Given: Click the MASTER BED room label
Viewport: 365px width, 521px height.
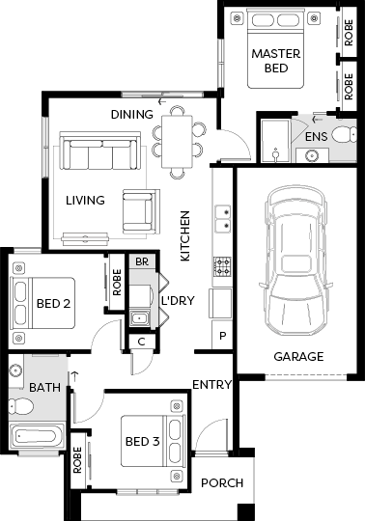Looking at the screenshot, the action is click(276, 61).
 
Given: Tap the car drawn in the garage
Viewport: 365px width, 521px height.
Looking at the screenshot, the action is click(295, 260).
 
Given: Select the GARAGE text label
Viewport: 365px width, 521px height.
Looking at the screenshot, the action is click(298, 357).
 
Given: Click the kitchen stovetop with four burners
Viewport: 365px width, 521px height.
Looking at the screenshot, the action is click(222, 267).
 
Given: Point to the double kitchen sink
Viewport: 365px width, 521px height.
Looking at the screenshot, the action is click(223, 219).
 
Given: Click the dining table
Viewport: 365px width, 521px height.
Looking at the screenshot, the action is click(177, 142).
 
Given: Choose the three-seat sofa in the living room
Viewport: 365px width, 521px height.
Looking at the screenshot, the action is click(99, 151).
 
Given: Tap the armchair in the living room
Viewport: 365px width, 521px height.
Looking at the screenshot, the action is click(141, 211).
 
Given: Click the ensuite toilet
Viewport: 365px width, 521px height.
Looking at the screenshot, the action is click(345, 135).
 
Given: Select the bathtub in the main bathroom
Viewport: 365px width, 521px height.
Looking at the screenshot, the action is click(37, 436).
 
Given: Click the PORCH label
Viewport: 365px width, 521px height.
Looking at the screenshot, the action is click(222, 482).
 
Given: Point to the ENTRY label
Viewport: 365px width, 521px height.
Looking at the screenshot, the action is click(212, 384).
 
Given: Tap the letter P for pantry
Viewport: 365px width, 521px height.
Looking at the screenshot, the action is click(222, 336).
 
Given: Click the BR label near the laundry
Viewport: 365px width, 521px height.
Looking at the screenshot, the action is click(142, 261).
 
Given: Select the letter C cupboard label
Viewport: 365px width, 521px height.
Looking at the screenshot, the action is click(141, 342).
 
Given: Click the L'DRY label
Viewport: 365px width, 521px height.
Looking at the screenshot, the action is click(178, 300).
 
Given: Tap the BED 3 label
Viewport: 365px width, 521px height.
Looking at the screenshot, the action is click(142, 441).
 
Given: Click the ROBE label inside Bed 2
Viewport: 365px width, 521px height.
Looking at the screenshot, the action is click(117, 283).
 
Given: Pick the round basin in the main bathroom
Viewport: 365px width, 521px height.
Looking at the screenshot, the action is click(15, 370).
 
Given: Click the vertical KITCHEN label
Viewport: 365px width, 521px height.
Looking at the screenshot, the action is click(184, 236).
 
